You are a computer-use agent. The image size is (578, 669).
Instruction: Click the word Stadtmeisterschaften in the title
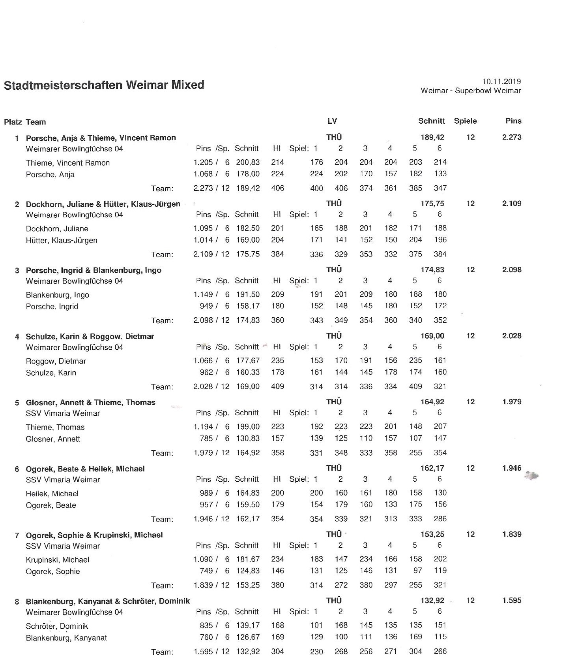(64, 85)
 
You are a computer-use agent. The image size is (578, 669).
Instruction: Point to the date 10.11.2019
(501, 81)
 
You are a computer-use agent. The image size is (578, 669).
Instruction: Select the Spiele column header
(465, 121)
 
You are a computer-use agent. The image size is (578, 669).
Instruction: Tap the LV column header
(332, 121)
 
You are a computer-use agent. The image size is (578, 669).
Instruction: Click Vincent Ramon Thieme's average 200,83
(248, 162)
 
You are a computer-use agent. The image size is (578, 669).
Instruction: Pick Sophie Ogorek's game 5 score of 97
(417, 570)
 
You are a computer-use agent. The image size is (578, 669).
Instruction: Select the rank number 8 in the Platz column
(17, 601)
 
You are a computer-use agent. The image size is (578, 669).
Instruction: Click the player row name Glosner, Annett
(53, 439)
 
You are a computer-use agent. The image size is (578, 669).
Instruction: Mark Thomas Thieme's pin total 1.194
(203, 426)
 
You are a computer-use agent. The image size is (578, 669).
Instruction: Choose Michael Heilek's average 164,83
(248, 493)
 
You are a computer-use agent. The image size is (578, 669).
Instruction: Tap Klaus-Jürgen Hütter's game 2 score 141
(341, 239)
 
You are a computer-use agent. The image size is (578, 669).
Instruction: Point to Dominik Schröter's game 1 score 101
(316, 625)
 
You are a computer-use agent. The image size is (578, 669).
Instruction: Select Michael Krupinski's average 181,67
(248, 559)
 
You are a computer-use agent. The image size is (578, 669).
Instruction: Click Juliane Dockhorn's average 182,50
(248, 228)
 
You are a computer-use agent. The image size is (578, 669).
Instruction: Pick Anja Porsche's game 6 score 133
(440, 173)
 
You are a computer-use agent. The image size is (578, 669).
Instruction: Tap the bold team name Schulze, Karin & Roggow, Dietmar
(90, 336)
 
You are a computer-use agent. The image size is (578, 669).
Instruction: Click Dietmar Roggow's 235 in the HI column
(277, 360)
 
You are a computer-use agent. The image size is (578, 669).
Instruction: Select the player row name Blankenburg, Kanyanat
(66, 637)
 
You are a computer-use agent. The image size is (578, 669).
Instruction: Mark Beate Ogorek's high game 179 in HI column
(277, 504)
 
